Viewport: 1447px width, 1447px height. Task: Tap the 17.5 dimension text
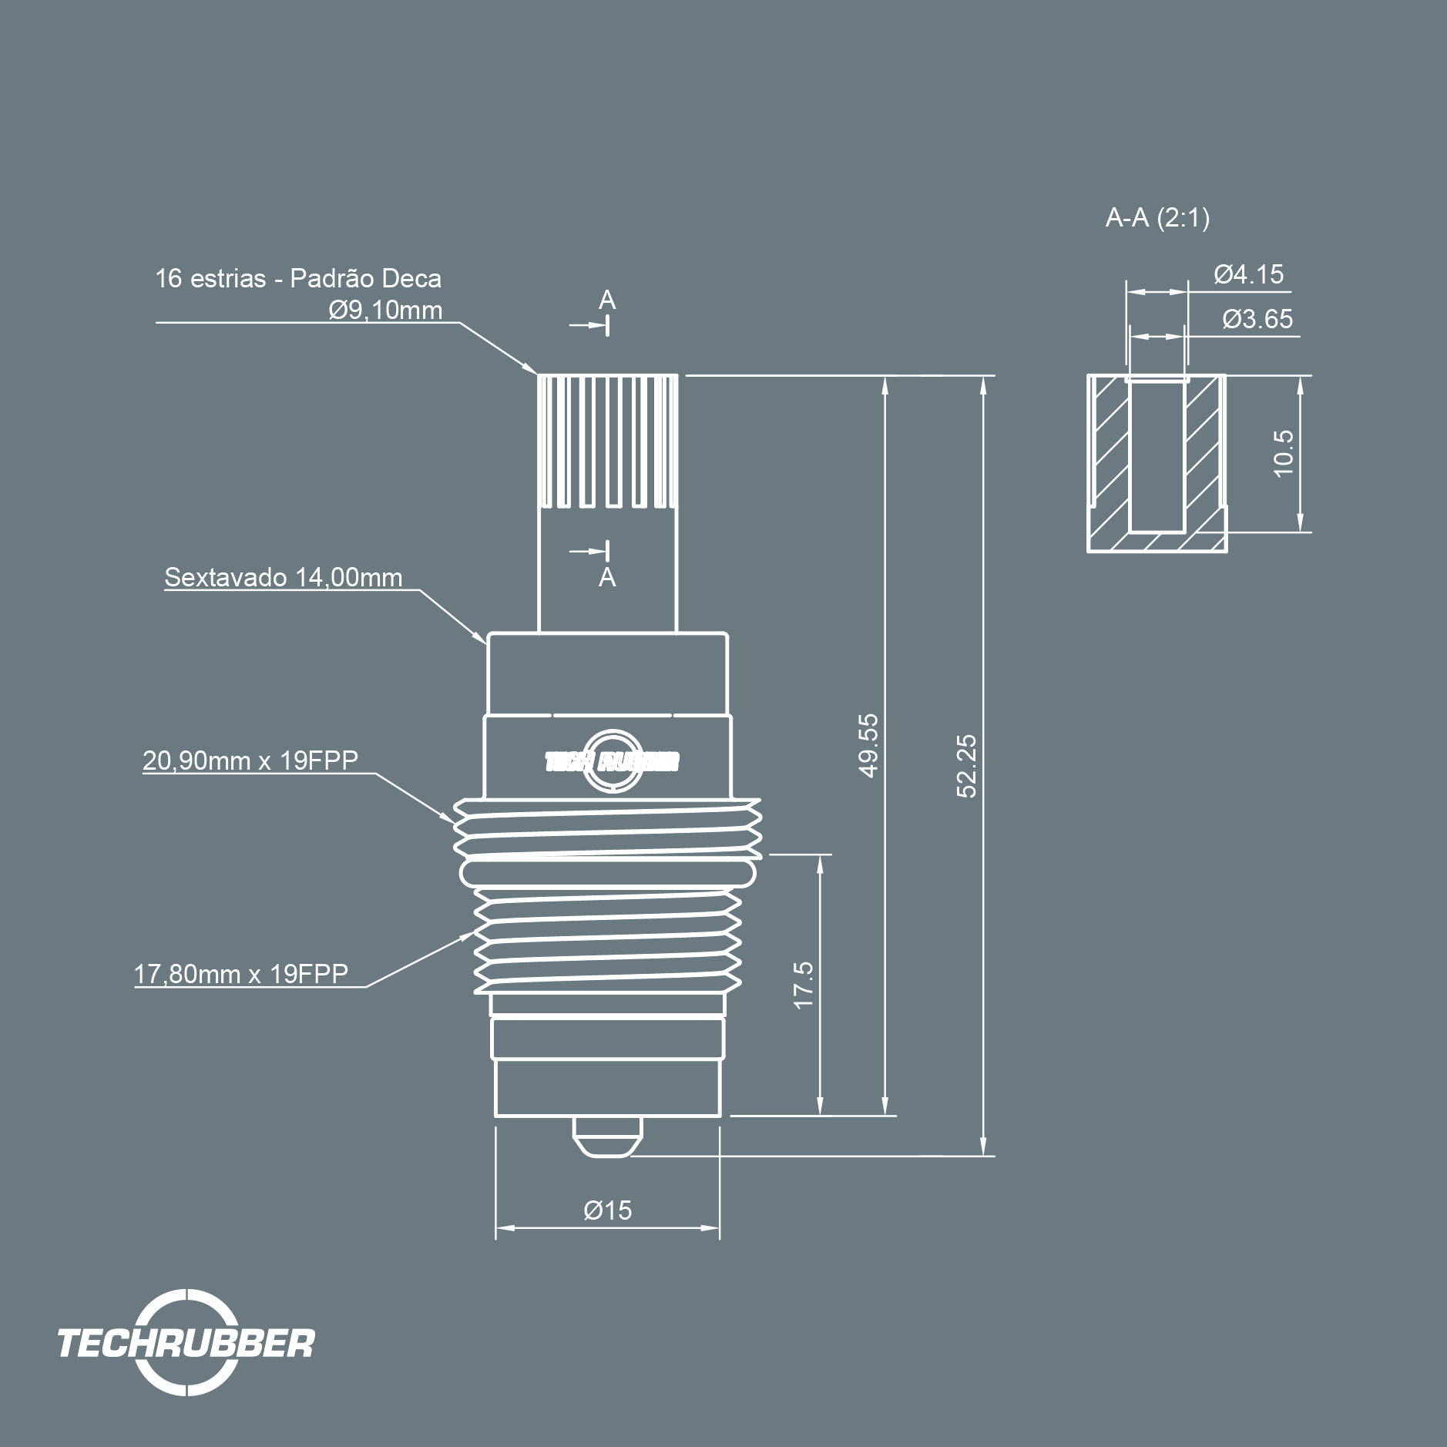pyautogui.click(x=803, y=985)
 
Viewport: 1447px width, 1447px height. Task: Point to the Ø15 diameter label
pyautogui.click(x=607, y=1210)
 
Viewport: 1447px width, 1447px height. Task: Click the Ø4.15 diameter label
pyautogui.click(x=1249, y=274)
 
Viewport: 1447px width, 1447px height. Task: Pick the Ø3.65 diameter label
pyautogui.click(x=1257, y=319)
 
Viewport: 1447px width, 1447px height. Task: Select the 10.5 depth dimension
pyautogui.click(x=1283, y=454)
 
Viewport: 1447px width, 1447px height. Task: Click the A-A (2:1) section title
pyautogui.click(x=1157, y=218)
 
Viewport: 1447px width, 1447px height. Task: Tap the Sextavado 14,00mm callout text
pyautogui.click(x=284, y=577)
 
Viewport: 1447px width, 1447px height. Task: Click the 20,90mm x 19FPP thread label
pyautogui.click(x=250, y=760)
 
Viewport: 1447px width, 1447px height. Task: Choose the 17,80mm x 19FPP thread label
pyautogui.click(x=241, y=974)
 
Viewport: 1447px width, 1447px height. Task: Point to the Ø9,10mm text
pyautogui.click(x=385, y=310)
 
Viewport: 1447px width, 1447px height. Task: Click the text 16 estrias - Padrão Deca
pyautogui.click(x=298, y=278)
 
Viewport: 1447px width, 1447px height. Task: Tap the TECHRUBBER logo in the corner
pyautogui.click(x=186, y=1342)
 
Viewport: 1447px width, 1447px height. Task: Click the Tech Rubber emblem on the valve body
pyautogui.click(x=612, y=761)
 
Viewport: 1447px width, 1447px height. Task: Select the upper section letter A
pyautogui.click(x=607, y=300)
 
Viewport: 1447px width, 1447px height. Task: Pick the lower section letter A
pyautogui.click(x=607, y=577)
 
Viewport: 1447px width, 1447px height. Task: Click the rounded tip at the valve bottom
pyautogui.click(x=608, y=1136)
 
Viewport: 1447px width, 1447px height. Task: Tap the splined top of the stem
pyautogui.click(x=607, y=441)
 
